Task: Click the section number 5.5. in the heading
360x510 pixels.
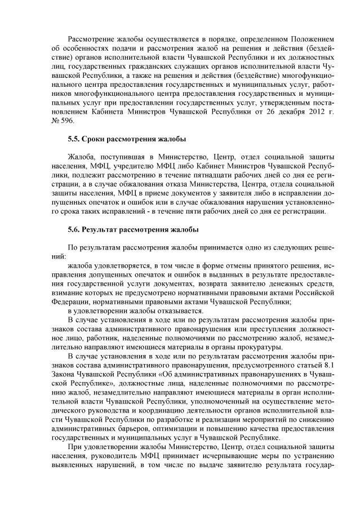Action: [x=73, y=139]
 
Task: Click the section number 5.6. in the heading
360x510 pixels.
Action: [x=73, y=229]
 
